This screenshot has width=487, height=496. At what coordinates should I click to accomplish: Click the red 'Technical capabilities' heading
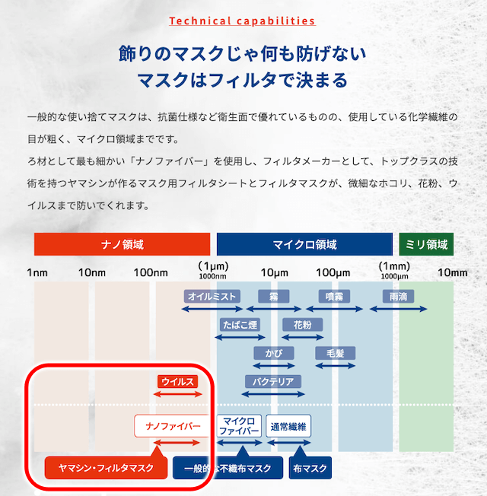click(243, 21)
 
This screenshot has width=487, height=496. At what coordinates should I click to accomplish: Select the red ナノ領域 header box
click(123, 244)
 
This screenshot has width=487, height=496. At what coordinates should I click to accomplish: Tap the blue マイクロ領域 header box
click(304, 244)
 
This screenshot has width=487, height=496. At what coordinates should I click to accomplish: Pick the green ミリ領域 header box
click(426, 244)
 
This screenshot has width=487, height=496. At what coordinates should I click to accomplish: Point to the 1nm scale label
click(37, 272)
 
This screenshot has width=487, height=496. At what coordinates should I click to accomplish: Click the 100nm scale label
click(151, 272)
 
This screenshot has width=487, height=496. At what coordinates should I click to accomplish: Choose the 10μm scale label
click(275, 272)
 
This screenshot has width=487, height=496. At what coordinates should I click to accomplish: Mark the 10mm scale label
click(453, 272)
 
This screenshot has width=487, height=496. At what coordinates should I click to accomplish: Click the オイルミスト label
click(212, 297)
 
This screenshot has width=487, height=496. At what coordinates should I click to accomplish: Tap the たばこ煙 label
click(240, 325)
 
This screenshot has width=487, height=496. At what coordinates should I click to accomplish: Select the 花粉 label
click(303, 325)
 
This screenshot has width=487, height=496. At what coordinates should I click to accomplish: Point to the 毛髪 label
click(335, 353)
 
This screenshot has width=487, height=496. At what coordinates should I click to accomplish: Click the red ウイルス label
click(177, 381)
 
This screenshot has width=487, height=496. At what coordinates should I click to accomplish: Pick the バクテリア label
click(272, 381)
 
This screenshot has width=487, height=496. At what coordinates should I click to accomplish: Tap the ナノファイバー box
click(173, 426)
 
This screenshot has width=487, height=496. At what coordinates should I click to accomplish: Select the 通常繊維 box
click(288, 426)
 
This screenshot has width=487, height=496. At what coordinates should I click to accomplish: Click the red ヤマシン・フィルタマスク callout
click(106, 468)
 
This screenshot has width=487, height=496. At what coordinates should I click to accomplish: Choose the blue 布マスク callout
click(310, 468)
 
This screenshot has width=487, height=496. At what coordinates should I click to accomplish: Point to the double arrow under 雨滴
click(399, 309)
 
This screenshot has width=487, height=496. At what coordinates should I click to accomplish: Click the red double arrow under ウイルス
click(177, 394)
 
